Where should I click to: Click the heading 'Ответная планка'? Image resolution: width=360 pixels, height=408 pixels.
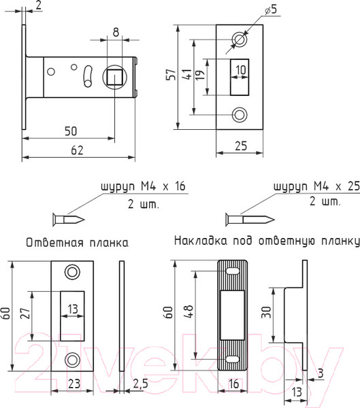(x=77, y=242)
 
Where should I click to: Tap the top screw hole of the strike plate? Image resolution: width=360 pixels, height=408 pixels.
(x=71, y=271)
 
